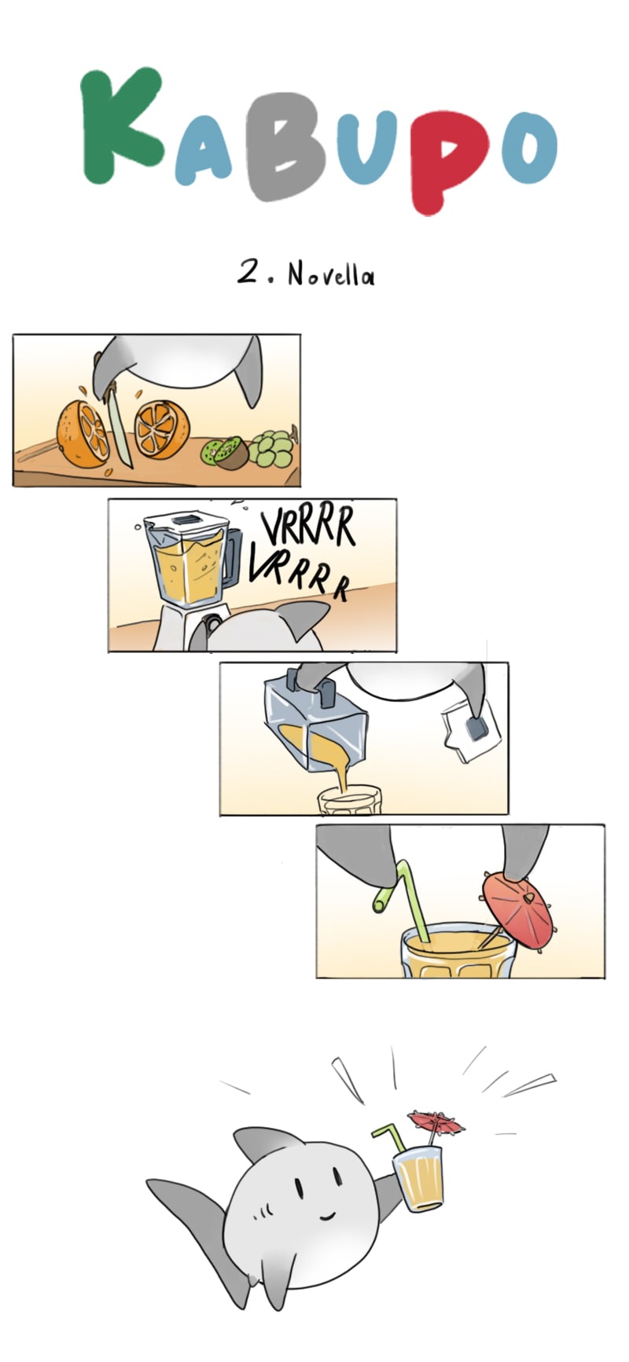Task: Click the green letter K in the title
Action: coord(118,126)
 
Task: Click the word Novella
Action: coord(331,274)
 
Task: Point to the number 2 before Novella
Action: coord(250,273)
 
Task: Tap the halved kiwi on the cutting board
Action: coord(225,453)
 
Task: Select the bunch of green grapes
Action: coord(272,448)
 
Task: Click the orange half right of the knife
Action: coord(161,429)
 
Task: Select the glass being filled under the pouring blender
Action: coord(348,801)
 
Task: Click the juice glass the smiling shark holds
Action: coord(417,1178)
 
